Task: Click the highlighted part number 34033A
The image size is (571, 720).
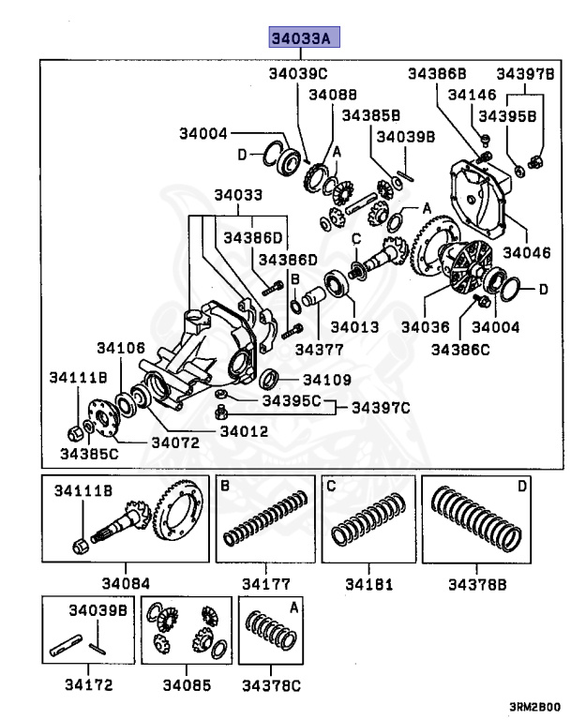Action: coord(301,38)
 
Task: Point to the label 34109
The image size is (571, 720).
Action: coord(326,380)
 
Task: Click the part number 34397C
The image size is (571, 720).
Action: coord(381,408)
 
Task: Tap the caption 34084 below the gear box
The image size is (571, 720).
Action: coord(125,584)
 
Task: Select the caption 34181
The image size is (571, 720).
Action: coord(367,584)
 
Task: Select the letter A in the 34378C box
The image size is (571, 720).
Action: coord(293,607)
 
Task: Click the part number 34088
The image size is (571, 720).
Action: coord(333,95)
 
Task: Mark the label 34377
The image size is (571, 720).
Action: coord(320,349)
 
